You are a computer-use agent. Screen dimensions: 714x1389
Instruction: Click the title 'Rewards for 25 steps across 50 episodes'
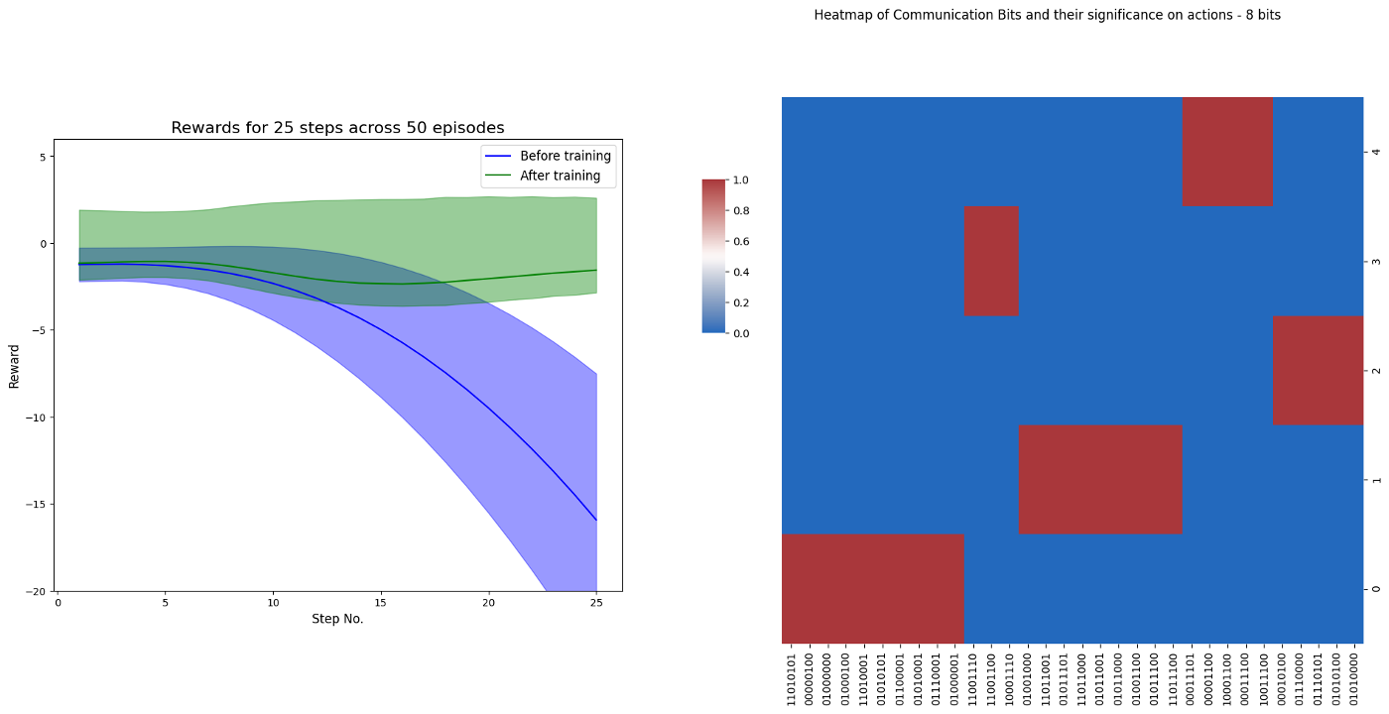point(337,128)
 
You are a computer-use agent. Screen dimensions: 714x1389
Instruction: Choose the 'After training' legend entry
point(560,176)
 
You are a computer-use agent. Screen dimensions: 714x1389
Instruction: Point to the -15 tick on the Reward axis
point(41,504)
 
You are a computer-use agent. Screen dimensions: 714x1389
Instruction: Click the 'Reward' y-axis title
point(14,366)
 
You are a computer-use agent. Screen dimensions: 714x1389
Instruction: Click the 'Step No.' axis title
point(337,619)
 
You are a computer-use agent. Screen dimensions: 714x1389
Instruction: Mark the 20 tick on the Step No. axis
point(488,602)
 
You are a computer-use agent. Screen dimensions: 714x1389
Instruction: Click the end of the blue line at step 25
point(596,520)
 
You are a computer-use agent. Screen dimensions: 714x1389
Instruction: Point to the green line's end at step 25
point(596,270)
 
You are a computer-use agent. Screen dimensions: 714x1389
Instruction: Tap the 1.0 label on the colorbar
point(740,180)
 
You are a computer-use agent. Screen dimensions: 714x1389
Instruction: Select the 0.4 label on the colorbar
point(740,272)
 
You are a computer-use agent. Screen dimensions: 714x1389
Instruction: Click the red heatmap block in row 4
point(1227,151)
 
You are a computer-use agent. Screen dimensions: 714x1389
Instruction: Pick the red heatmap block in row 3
point(991,261)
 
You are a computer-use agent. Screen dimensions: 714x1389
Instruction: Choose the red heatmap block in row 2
point(1319,370)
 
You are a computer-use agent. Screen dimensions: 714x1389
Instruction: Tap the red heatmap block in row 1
point(1100,479)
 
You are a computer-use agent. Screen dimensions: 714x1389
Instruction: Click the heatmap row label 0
point(1375,589)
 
